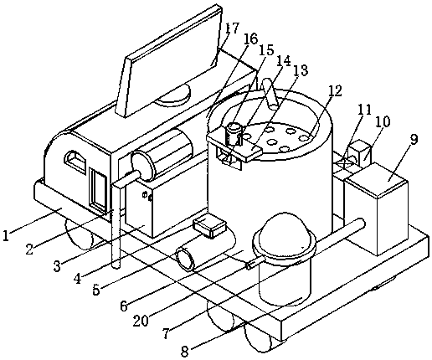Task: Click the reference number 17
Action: (232, 28)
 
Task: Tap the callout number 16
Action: (250, 39)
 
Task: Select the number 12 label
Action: (335, 90)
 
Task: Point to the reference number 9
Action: (414, 139)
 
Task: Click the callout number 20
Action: (141, 321)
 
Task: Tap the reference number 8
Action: (185, 352)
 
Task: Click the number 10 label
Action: (383, 121)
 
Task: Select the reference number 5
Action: (96, 290)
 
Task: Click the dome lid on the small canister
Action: (284, 230)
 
